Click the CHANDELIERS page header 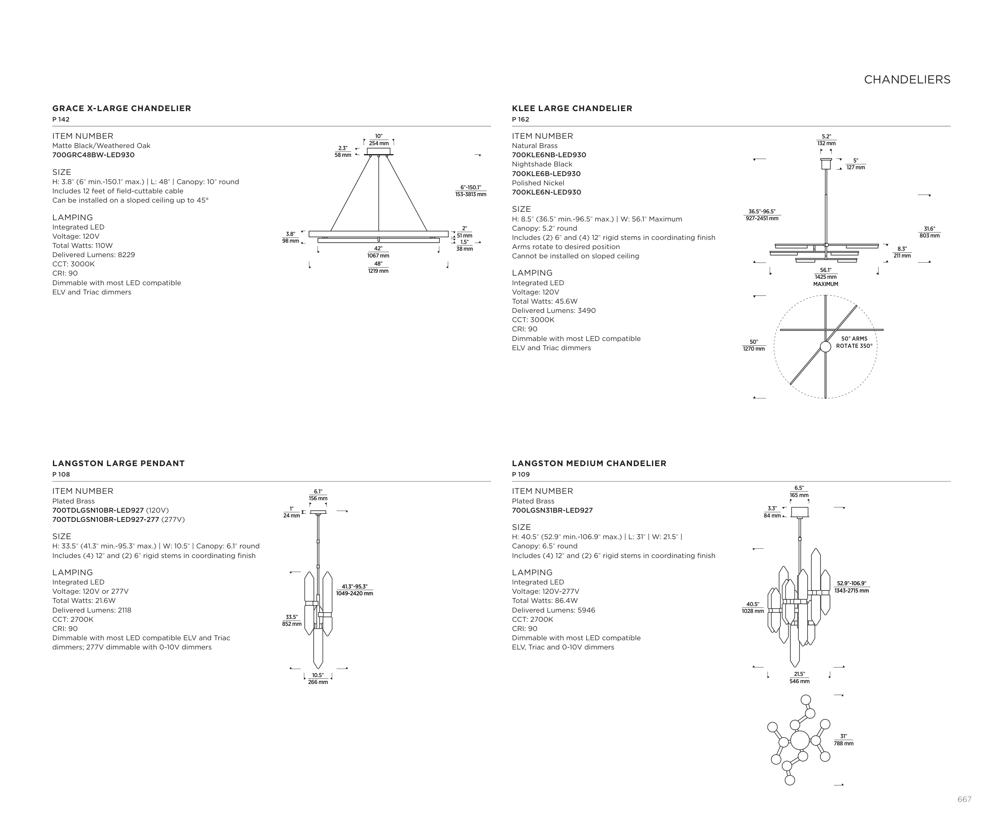pyautogui.click(x=907, y=80)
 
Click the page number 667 pyautogui.click(x=964, y=799)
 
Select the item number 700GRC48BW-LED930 pyautogui.click(x=93, y=155)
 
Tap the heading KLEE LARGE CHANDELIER pyautogui.click(x=572, y=108)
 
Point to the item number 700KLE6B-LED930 pyautogui.click(x=546, y=174)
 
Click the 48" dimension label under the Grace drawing pyautogui.click(x=378, y=267)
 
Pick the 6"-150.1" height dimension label pyautogui.click(x=471, y=191)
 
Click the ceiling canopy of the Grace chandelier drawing pyautogui.click(x=378, y=151)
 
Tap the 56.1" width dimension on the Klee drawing pyautogui.click(x=825, y=274)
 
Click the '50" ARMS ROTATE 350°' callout pyautogui.click(x=854, y=342)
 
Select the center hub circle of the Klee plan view pyautogui.click(x=825, y=347)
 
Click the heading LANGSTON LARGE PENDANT pyautogui.click(x=118, y=463)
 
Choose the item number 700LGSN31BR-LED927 pyautogui.click(x=552, y=510)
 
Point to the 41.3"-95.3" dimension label pyautogui.click(x=354, y=590)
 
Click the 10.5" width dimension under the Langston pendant pyautogui.click(x=318, y=678)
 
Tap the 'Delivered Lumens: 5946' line pyautogui.click(x=553, y=610)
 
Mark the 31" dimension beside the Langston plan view pyautogui.click(x=843, y=740)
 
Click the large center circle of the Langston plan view pyautogui.click(x=800, y=741)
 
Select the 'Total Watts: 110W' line pyautogui.click(x=82, y=246)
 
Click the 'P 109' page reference pyautogui.click(x=521, y=475)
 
